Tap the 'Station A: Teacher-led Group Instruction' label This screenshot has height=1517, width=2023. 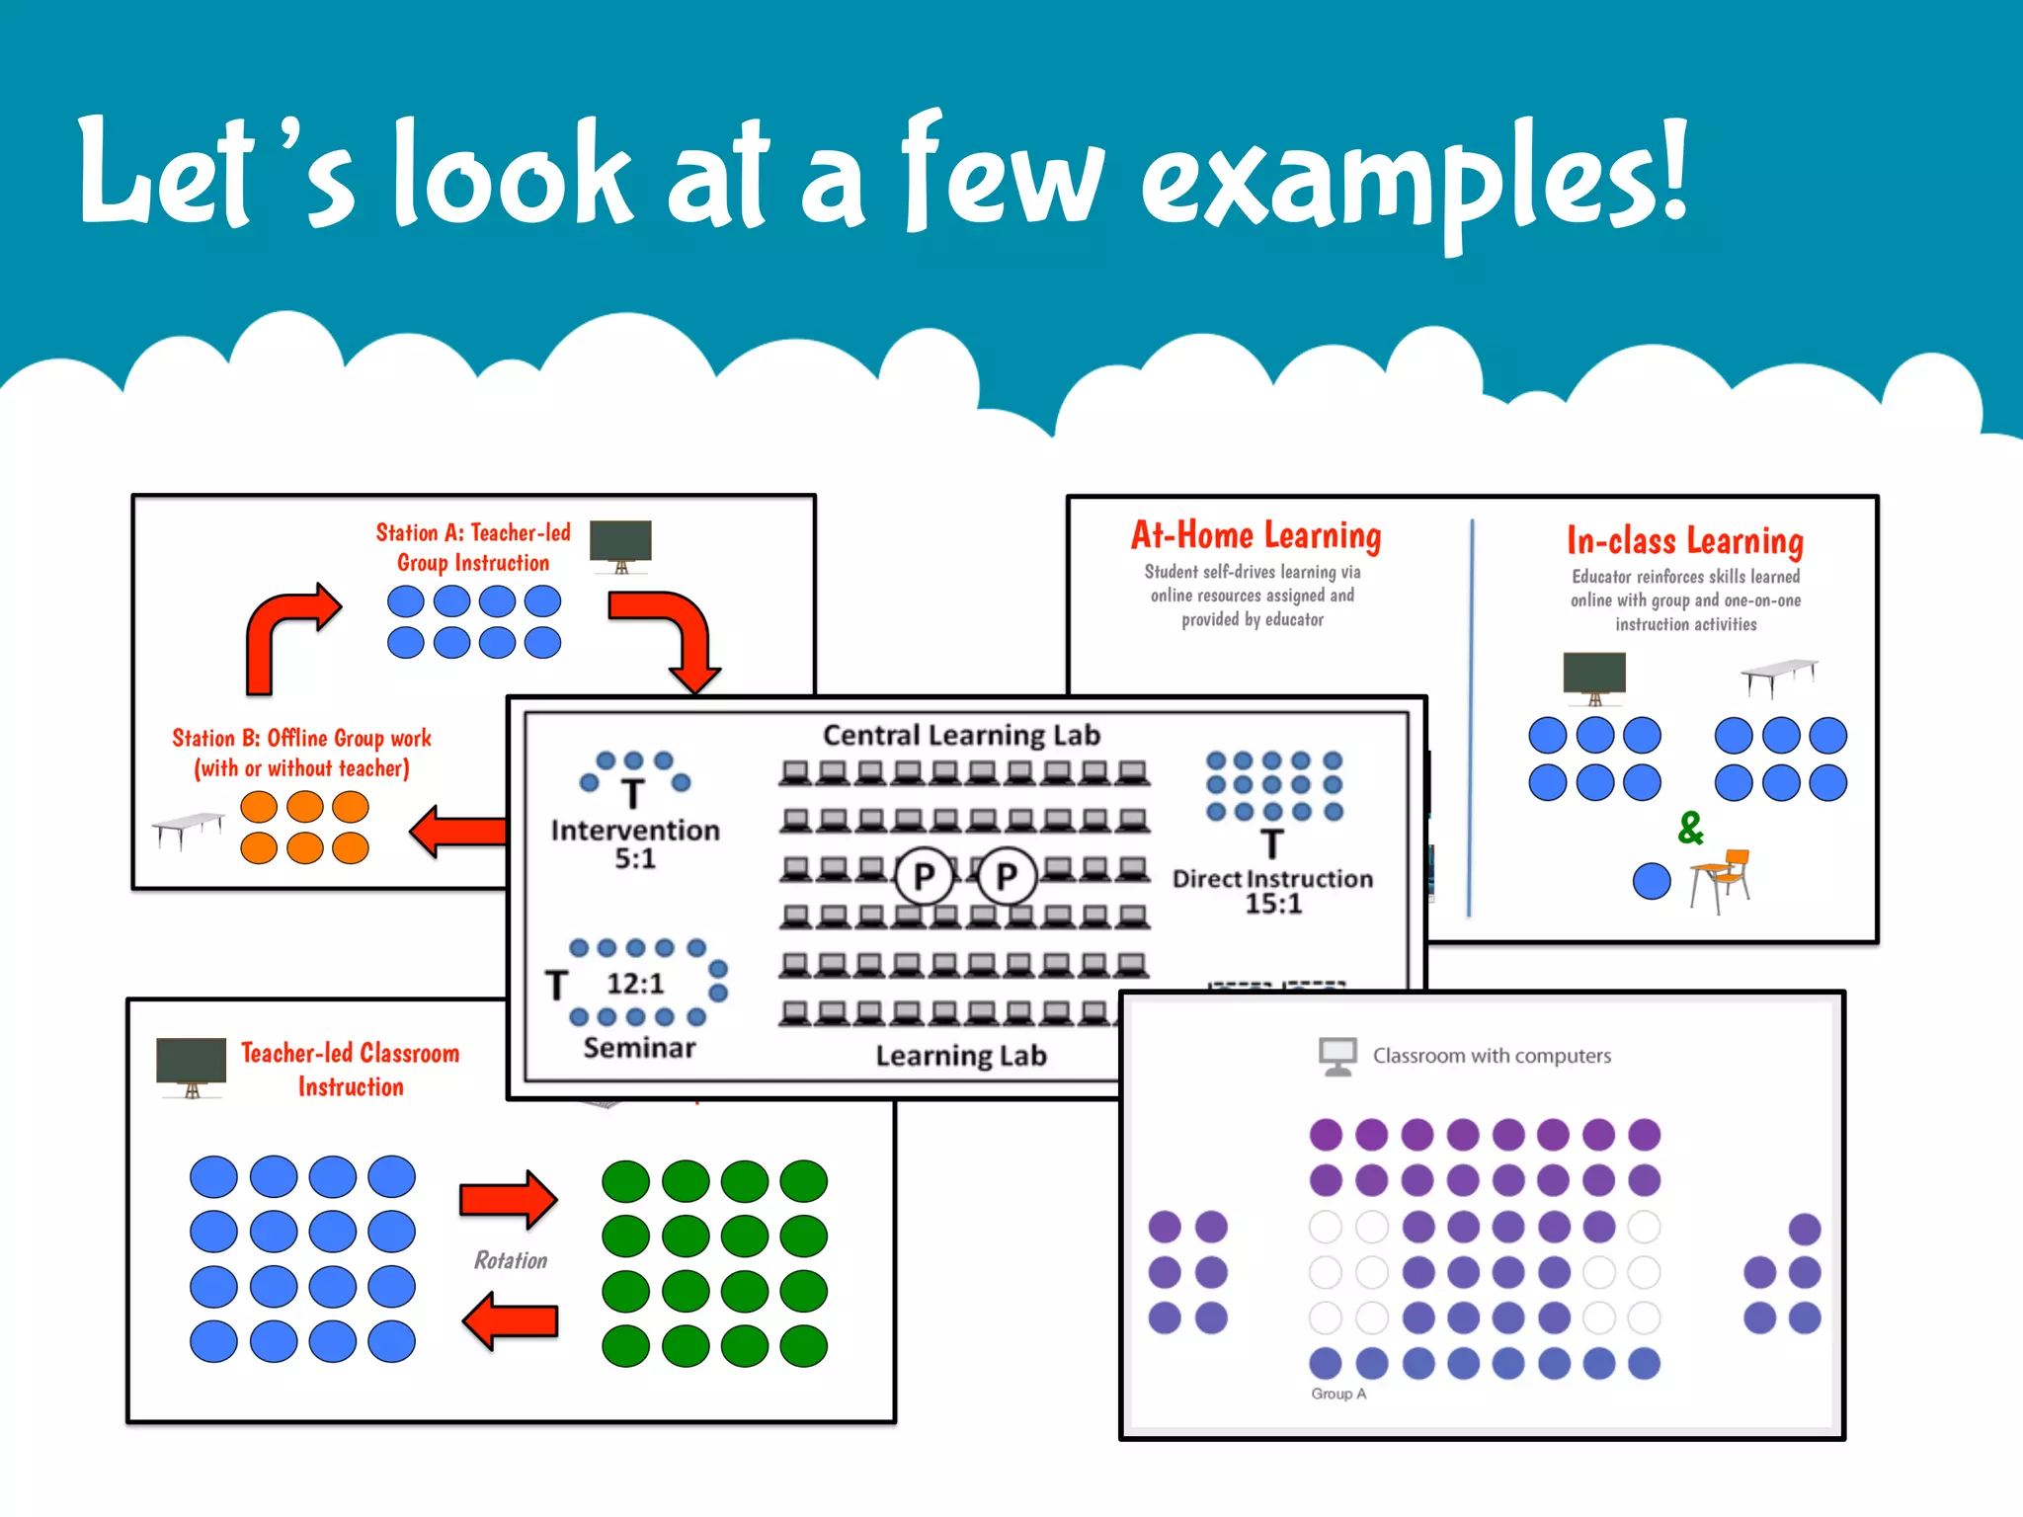[473, 547]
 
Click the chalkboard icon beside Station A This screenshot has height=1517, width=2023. [620, 544]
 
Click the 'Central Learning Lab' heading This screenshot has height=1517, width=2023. [961, 735]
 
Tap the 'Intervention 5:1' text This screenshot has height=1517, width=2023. [635, 843]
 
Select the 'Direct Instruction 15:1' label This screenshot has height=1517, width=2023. [1272, 890]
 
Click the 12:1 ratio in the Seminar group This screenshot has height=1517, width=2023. [635, 984]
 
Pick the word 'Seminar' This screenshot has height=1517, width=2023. [639, 1047]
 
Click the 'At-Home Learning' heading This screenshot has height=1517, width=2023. [1255, 535]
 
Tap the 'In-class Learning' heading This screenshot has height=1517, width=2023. [1684, 541]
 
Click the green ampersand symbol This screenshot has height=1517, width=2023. [1690, 828]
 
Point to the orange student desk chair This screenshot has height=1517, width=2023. [1720, 879]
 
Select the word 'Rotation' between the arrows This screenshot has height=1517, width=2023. [511, 1260]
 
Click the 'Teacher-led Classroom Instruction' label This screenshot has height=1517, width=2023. [350, 1070]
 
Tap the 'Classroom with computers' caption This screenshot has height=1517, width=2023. [1492, 1056]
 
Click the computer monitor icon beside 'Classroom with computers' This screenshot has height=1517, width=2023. [1337, 1056]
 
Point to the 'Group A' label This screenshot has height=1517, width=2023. [1338, 1394]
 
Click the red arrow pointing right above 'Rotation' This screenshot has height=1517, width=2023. [509, 1199]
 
